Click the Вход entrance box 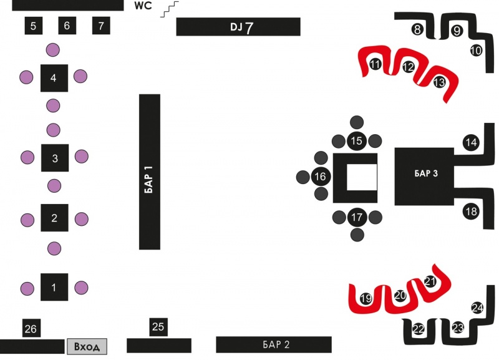click(87, 346)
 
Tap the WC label click(143, 6)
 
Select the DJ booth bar click(238, 27)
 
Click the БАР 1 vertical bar click(150, 172)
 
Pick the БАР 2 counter click(274, 344)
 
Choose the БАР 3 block click(425, 176)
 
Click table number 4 click(54, 78)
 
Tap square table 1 click(54, 287)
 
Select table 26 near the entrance click(31, 329)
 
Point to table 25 click(158, 326)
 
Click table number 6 click(67, 26)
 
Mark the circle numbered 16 click(320, 177)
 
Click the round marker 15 click(357, 141)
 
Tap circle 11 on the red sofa click(375, 64)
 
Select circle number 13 click(439, 82)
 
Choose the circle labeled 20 click(400, 294)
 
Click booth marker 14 click(471, 143)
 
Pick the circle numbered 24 click(478, 308)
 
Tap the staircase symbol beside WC click(170, 9)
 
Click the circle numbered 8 click(418, 29)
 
